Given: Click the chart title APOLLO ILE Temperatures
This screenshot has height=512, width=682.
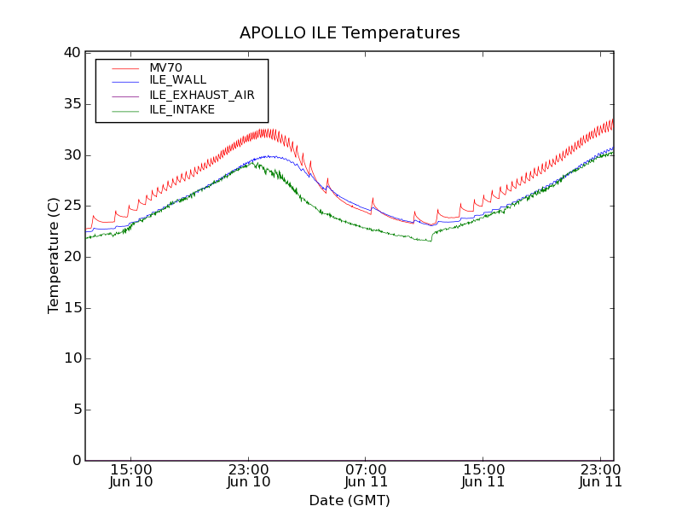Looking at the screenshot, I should pyautogui.click(x=350, y=33).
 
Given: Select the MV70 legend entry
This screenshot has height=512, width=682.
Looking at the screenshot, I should pyautogui.click(x=165, y=67).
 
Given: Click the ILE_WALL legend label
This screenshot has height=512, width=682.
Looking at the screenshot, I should pyautogui.click(x=177, y=80).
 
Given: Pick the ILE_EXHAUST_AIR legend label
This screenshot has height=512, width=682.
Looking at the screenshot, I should pyautogui.click(x=201, y=95).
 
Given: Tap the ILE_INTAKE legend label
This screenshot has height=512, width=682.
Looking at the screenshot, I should pyautogui.click(x=182, y=109).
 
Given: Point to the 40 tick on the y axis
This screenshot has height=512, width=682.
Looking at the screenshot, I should pyautogui.click(x=72, y=53).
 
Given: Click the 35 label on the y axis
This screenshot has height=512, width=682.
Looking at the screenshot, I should pyautogui.click(x=72, y=104).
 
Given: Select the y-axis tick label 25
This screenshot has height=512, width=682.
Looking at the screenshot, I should pyautogui.click(x=72, y=206).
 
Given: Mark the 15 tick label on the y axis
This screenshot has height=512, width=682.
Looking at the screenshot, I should pyautogui.click(x=72, y=308).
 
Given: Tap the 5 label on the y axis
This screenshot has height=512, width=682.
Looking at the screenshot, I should pyautogui.click(x=76, y=410).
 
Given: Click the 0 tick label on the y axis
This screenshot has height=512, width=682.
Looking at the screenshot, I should pyautogui.click(x=76, y=461).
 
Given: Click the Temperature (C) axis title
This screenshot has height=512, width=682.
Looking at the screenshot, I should pyautogui.click(x=54, y=256).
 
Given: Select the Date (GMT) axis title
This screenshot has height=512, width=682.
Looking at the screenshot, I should pyautogui.click(x=350, y=501).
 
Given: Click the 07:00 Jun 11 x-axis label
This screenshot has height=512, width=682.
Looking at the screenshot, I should pyautogui.click(x=366, y=475).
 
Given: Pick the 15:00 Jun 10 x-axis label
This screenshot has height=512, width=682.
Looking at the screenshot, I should pyautogui.click(x=131, y=475).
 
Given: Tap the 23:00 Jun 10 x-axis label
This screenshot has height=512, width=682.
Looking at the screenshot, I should pyautogui.click(x=248, y=475).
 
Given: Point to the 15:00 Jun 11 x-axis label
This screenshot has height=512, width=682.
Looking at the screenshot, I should pyautogui.click(x=483, y=475).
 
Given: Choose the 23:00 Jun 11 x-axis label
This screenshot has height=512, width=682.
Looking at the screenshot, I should pyautogui.click(x=600, y=475).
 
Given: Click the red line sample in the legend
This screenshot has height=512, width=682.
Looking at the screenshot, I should pyautogui.click(x=125, y=67).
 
